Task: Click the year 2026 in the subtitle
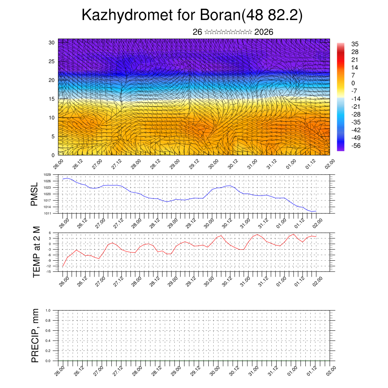tap(264, 32)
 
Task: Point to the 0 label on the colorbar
tap(353, 83)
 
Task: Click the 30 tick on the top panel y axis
tap(52, 42)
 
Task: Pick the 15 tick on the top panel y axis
tap(52, 99)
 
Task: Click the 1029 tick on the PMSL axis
tap(47, 175)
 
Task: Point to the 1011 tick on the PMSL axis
tap(47, 213)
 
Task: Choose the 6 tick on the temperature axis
tap(50, 233)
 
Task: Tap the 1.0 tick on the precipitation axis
tap(48, 310)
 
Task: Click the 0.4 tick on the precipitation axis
tap(48, 341)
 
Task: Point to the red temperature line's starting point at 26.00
tap(63, 266)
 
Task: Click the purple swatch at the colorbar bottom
tap(341, 149)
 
